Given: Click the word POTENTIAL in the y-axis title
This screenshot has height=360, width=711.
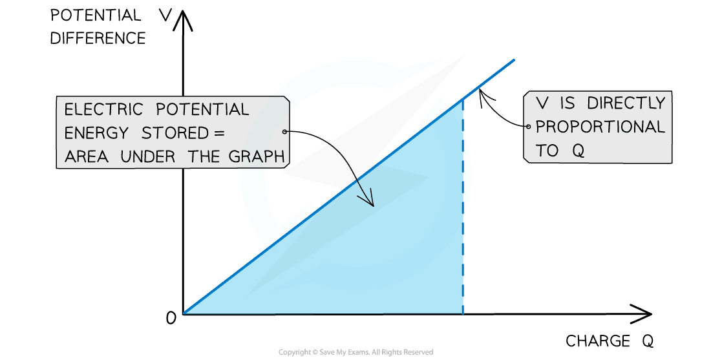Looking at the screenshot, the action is pyautogui.click(x=96, y=16).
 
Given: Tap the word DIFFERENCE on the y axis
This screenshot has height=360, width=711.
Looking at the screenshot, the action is pyautogui.click(x=98, y=38).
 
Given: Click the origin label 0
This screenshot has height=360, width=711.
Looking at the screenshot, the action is pyautogui.click(x=171, y=318).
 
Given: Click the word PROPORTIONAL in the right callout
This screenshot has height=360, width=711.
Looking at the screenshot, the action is pyautogui.click(x=600, y=127).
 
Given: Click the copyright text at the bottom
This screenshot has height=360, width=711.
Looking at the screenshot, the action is pyautogui.click(x=355, y=352).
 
